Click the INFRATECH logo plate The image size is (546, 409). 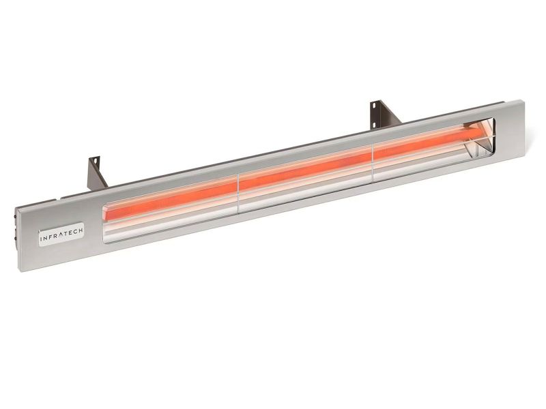click(61, 234)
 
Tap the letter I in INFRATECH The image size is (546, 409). click(40, 239)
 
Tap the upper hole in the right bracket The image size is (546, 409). click(374, 105)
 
